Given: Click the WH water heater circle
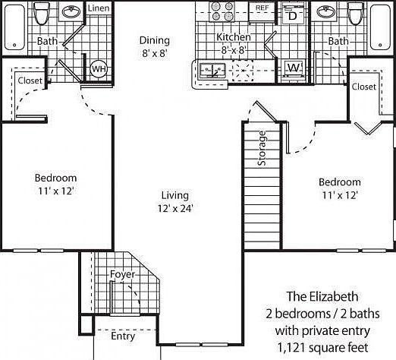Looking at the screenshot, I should click(x=98, y=69).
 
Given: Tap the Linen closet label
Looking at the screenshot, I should click(x=98, y=8).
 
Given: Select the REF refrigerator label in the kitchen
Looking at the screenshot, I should click(x=262, y=8).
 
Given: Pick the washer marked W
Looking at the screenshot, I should click(x=293, y=69).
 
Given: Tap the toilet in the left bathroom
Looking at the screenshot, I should click(x=43, y=13).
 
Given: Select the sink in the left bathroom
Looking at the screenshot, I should click(x=71, y=13).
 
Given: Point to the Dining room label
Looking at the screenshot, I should click(x=154, y=40).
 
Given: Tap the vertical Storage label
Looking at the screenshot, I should click(x=262, y=149).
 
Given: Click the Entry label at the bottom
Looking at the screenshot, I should click(x=123, y=336).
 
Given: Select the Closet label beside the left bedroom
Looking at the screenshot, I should click(x=30, y=80).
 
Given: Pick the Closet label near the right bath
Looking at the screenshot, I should click(x=363, y=87).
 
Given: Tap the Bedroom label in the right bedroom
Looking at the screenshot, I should click(x=339, y=182).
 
